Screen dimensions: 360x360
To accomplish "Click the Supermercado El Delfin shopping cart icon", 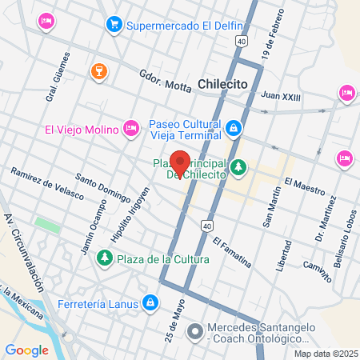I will [x=114, y=24].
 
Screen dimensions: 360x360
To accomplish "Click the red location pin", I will [x=180, y=162].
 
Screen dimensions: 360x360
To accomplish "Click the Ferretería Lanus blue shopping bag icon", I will [x=150, y=303].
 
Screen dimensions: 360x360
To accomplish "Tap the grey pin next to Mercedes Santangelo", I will [x=194, y=330].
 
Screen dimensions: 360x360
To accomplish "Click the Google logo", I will [x=26, y=350].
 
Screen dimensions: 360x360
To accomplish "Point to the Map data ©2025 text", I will [x=326, y=354].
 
